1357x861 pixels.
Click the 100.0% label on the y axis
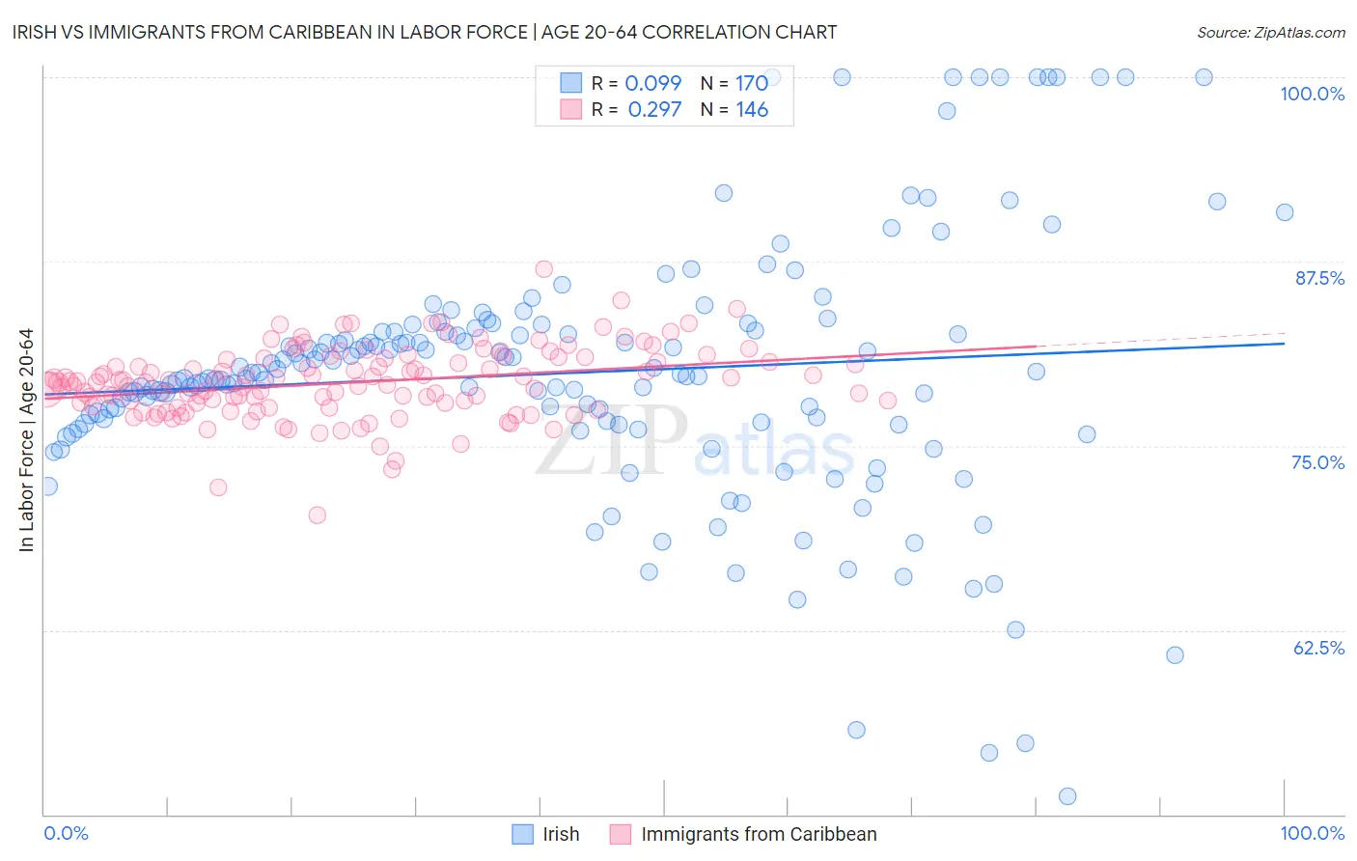[x=1312, y=94]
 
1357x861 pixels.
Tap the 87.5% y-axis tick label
[x=1319, y=278]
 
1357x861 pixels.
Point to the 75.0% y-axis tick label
[x=1317, y=462]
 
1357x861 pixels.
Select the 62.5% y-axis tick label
[x=1318, y=648]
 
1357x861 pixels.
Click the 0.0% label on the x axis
[x=66, y=833]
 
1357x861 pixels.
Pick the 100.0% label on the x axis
[x=1312, y=833]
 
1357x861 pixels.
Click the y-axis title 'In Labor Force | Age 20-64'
[x=26, y=440]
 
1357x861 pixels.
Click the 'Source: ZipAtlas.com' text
[x=1270, y=32]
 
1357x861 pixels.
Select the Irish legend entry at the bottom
[x=546, y=834]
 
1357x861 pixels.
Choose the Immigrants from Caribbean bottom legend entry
[x=743, y=834]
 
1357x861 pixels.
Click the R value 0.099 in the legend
[x=652, y=83]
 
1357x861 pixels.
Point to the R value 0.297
[x=654, y=109]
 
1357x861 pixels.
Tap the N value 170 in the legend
[x=752, y=83]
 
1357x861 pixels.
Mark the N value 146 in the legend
[x=752, y=109]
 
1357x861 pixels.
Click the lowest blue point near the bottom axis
[x=1066, y=796]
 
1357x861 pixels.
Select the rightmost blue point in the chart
[x=1285, y=212]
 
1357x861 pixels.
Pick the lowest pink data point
[x=317, y=515]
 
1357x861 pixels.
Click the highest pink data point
[x=543, y=269]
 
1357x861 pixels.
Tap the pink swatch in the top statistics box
[x=571, y=109]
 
